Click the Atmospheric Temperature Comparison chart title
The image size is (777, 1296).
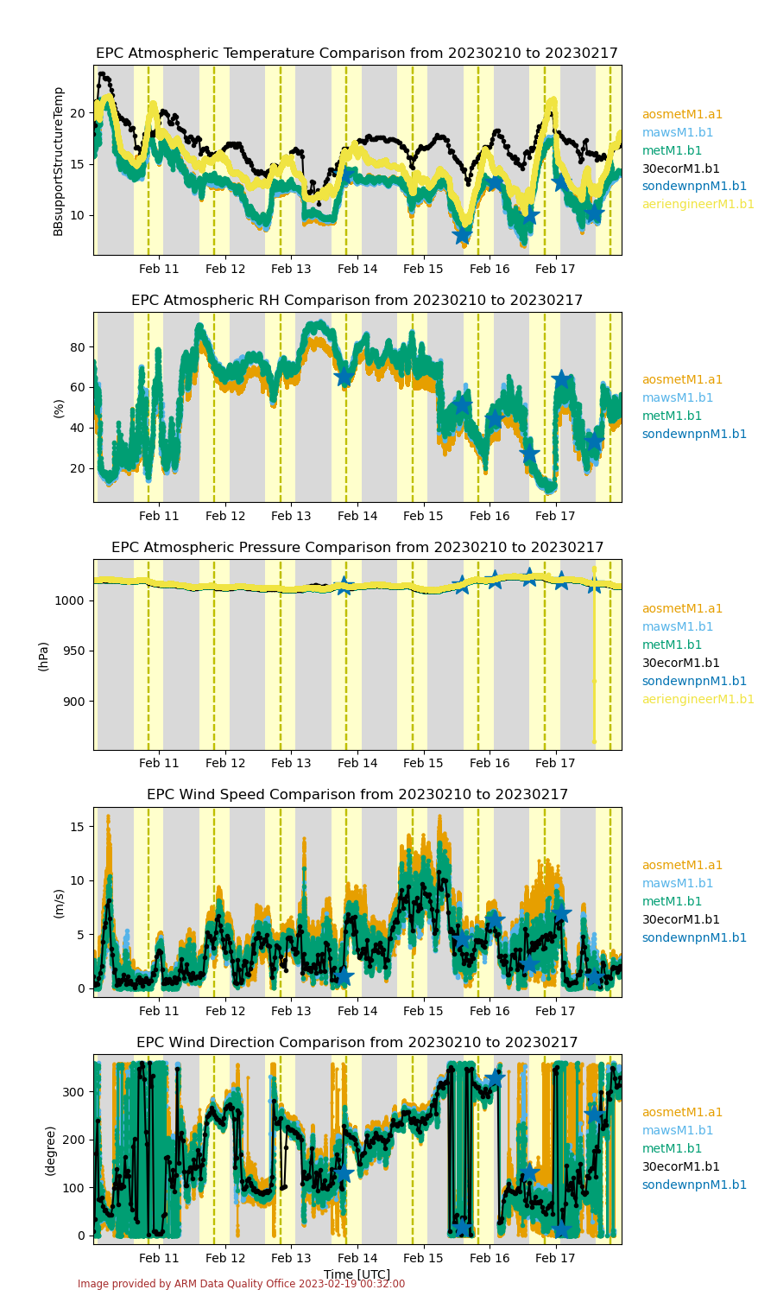tap(357, 54)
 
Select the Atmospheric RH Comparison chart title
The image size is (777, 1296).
tap(357, 301)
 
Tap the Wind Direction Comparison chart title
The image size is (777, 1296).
tap(357, 1042)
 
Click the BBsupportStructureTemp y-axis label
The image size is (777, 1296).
tap(58, 162)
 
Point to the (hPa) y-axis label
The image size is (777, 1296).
tap(43, 657)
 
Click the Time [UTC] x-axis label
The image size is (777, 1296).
tap(357, 1274)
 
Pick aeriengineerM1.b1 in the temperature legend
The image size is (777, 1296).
tap(698, 204)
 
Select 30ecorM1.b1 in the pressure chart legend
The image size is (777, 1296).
tap(680, 663)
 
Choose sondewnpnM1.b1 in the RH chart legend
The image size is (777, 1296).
tap(694, 434)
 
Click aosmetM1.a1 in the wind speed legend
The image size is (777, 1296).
tap(682, 865)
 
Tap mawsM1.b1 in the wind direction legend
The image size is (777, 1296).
tap(678, 1130)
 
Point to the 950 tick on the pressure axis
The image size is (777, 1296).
tap(73, 651)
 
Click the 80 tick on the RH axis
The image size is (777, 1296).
tap(78, 347)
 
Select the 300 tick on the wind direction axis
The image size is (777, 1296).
tap(73, 1092)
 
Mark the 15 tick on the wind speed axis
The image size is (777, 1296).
tap(78, 827)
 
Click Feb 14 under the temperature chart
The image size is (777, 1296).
tap(357, 269)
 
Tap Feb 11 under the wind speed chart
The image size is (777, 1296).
tap(159, 1011)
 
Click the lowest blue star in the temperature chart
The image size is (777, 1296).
tap(463, 235)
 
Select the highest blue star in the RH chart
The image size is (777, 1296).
tap(561, 379)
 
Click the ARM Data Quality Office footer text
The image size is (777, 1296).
tap(241, 1283)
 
